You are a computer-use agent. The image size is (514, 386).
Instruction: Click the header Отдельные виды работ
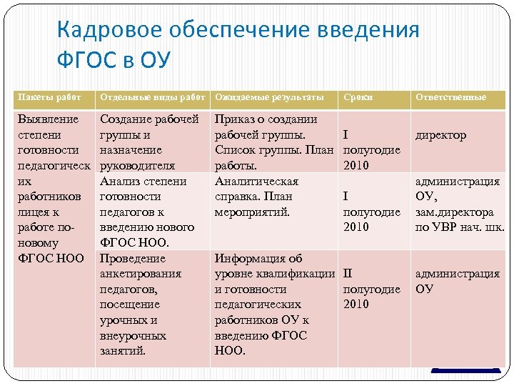coord(152,96)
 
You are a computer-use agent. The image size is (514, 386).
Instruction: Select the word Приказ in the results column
coord(235,119)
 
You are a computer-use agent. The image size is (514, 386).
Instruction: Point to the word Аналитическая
coord(256,182)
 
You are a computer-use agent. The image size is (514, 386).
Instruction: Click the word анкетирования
coord(141,274)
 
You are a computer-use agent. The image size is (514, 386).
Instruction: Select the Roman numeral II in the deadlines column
coord(348,274)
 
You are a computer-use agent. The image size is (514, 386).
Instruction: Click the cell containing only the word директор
coord(440,135)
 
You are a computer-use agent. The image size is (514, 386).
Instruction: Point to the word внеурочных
coord(133,335)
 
